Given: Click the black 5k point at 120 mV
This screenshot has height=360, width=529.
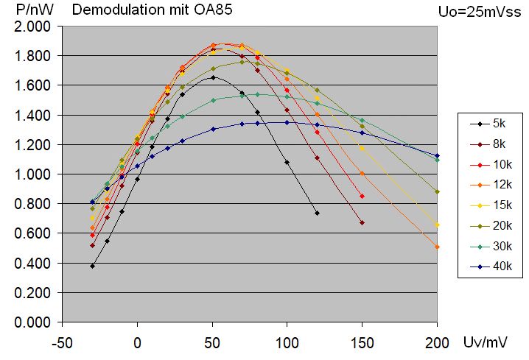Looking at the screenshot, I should coord(317,213).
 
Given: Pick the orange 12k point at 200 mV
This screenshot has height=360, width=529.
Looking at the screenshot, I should coord(437,247).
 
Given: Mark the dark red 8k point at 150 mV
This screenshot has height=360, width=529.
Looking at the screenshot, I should coord(362,223).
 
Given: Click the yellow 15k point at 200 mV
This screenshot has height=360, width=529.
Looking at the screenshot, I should coord(437,225).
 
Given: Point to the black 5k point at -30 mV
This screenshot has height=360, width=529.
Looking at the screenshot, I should coord(93,266).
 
